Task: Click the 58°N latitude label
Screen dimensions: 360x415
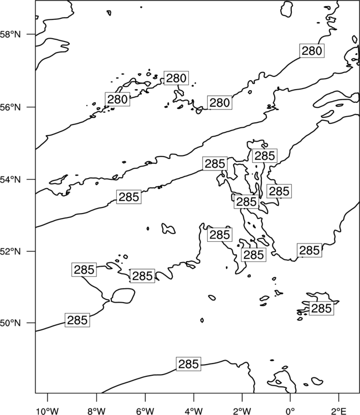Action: pyautogui.click(x=11, y=34)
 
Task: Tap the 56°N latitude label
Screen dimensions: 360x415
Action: pyautogui.click(x=11, y=107)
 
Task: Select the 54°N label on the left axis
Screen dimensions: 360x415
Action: pyautogui.click(x=11, y=180)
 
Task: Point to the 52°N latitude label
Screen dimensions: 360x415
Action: pyautogui.click(x=11, y=251)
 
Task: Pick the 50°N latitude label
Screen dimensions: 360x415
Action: pyautogui.click(x=11, y=323)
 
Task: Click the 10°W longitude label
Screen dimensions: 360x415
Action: pyautogui.click(x=48, y=411)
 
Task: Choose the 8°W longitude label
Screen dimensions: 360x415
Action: pyautogui.click(x=96, y=411)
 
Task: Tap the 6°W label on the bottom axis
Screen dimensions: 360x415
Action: pyautogui.click(x=145, y=411)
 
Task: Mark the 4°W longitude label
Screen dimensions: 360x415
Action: pyautogui.click(x=194, y=411)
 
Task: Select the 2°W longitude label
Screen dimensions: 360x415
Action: pyautogui.click(x=242, y=411)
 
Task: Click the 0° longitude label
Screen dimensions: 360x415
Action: pyautogui.click(x=290, y=411)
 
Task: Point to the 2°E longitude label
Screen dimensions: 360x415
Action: pyautogui.click(x=339, y=411)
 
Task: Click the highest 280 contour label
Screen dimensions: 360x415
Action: pyautogui.click(x=312, y=50)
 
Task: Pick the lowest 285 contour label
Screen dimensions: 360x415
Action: pyautogui.click(x=188, y=364)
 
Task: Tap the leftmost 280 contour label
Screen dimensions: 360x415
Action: pyautogui.click(x=117, y=99)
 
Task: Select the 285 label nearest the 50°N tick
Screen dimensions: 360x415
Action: pyautogui.click(x=78, y=320)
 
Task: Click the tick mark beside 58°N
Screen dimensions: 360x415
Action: pyautogui.click(x=31, y=34)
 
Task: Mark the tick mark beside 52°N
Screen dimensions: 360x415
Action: pyautogui.click(x=31, y=251)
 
